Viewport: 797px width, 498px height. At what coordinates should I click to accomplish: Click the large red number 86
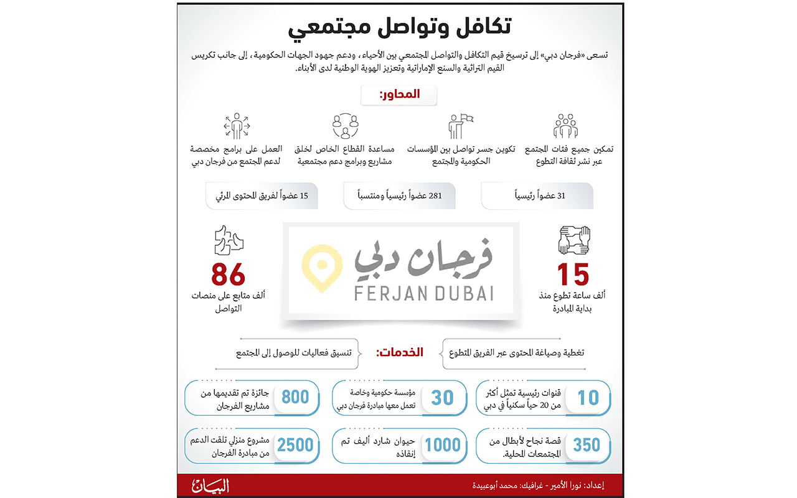tap(229, 275)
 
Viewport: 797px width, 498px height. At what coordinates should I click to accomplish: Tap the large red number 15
tap(573, 275)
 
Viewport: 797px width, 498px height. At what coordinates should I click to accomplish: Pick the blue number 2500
tap(295, 444)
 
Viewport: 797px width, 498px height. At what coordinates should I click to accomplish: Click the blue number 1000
tap(442, 444)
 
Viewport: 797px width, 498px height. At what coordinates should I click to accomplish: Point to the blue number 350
tap(587, 444)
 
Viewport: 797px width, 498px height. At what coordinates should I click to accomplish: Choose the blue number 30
tap(442, 397)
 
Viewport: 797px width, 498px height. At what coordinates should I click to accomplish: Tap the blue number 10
tap(588, 397)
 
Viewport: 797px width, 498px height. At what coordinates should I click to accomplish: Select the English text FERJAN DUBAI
tap(424, 293)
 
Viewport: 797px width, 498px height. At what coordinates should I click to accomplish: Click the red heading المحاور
tap(399, 95)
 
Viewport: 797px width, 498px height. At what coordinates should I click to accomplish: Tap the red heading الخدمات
tap(399, 352)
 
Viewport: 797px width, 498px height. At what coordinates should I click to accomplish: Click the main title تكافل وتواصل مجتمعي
tap(399, 29)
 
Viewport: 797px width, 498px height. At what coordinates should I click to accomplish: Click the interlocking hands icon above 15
tap(573, 240)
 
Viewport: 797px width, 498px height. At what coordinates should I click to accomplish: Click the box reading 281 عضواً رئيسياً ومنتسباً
tap(399, 195)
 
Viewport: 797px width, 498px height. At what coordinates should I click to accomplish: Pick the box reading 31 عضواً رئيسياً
tap(537, 195)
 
